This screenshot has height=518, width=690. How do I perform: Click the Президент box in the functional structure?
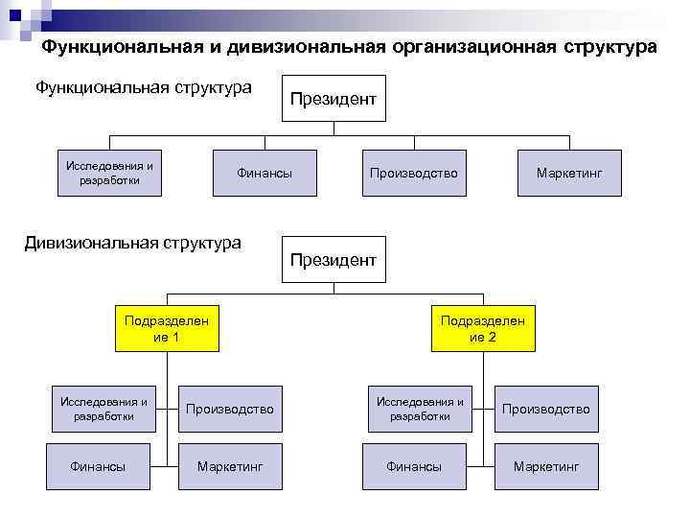[333, 99]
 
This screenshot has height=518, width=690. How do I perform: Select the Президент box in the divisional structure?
[333, 260]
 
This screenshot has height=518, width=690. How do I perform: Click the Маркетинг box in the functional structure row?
[569, 174]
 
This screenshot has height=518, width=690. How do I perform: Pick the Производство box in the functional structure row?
[414, 174]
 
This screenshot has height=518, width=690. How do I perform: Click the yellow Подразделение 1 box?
[166, 329]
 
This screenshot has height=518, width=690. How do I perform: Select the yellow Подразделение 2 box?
[483, 329]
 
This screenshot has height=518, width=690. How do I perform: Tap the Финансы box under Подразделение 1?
[98, 466]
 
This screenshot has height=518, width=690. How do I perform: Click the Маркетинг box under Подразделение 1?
[230, 466]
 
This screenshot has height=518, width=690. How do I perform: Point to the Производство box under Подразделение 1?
[230, 410]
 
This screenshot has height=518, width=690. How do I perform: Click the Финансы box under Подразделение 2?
[414, 466]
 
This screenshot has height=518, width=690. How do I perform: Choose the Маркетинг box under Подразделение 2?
[546, 466]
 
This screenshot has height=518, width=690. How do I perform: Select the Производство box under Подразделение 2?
[546, 410]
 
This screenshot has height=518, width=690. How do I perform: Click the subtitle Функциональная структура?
[143, 88]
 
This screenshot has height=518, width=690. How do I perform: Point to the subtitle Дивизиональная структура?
[132, 243]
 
